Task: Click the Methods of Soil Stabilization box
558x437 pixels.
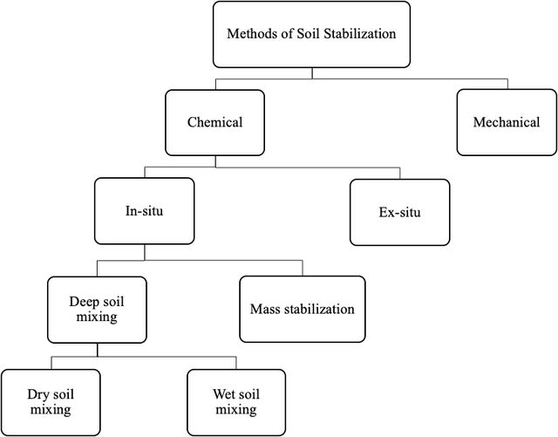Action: [x=312, y=34]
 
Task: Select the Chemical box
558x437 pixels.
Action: [x=215, y=122]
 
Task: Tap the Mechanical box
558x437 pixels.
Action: [x=507, y=122]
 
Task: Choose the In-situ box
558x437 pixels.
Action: [x=145, y=211]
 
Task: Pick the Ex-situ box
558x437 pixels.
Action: [x=399, y=212]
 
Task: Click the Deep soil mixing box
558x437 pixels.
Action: [x=97, y=310]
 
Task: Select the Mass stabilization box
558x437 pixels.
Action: [x=303, y=309]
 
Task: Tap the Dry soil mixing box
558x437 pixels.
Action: [x=51, y=402]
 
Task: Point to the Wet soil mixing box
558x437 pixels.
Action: [x=236, y=402]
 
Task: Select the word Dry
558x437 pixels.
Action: [x=37, y=394]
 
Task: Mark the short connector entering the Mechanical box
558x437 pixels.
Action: [x=507, y=84]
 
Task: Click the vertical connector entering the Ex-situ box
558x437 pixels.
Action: [x=400, y=174]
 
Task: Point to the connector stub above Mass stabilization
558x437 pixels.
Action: [x=303, y=268]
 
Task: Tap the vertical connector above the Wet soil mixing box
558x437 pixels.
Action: [x=236, y=363]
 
